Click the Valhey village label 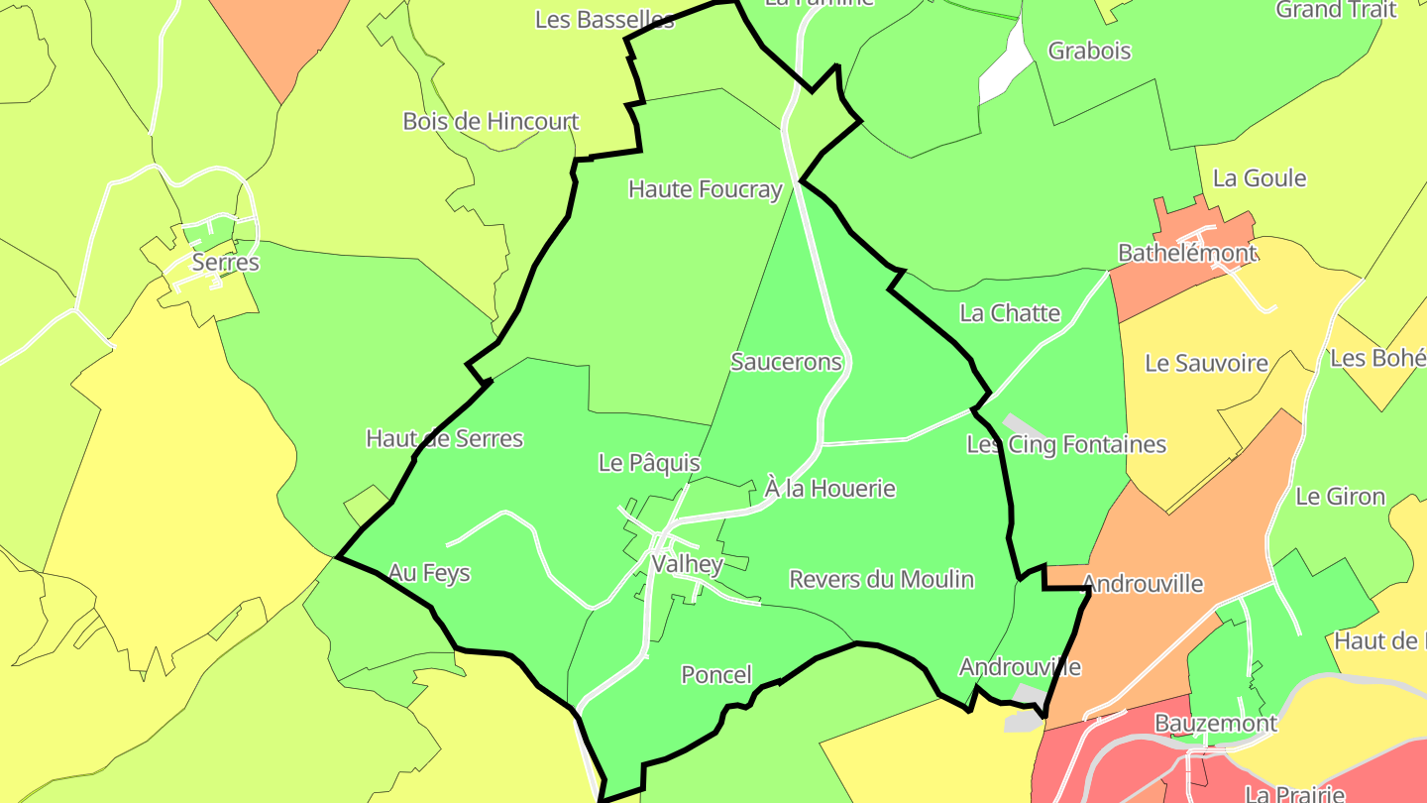[x=687, y=564]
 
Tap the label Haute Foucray [x=705, y=189]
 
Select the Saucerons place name [x=786, y=362]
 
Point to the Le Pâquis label [x=649, y=463]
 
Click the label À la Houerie [x=830, y=488]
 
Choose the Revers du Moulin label [x=881, y=579]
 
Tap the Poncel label [x=716, y=675]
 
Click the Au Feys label [x=429, y=573]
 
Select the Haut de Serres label [x=444, y=438]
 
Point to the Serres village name [x=226, y=263]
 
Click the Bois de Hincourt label [x=491, y=122]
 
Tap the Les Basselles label [x=604, y=20]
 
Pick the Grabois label [x=1089, y=51]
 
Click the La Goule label [x=1260, y=178]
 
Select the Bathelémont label [x=1186, y=253]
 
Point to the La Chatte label [x=1010, y=313]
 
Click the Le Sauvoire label [x=1206, y=363]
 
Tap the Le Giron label [x=1340, y=497]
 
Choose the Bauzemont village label [x=1216, y=724]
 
